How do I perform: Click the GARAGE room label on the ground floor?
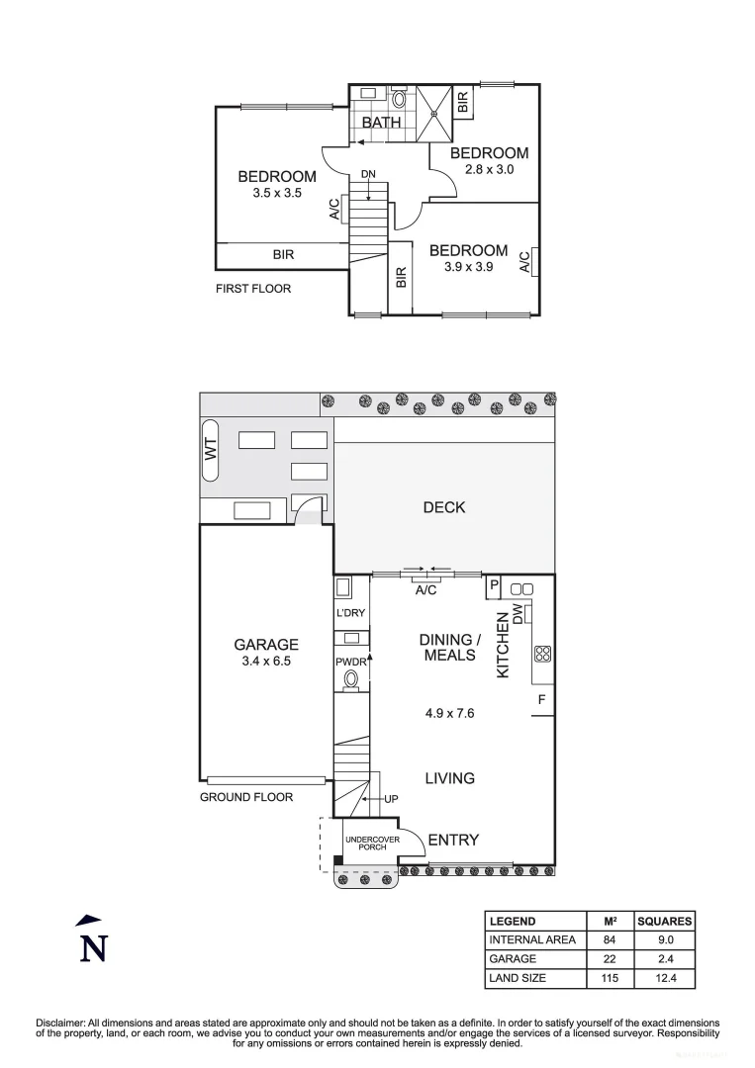point(265,645)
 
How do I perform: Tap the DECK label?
point(443,507)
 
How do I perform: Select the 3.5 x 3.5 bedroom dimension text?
point(276,194)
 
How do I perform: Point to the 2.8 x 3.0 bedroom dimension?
point(489,169)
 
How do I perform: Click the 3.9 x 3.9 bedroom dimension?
point(468,267)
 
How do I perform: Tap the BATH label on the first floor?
point(381,123)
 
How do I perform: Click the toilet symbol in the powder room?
point(350,679)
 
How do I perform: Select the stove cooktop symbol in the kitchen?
point(542,653)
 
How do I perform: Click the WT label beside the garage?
point(210,449)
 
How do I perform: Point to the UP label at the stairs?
point(390,798)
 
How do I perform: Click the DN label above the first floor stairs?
point(368,174)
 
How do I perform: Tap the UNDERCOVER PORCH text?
point(372,844)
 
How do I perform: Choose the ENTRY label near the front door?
point(453,840)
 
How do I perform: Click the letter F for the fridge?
point(541,700)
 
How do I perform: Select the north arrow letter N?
point(93,947)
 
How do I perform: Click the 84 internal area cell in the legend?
point(609,939)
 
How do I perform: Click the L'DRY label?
point(351,613)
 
